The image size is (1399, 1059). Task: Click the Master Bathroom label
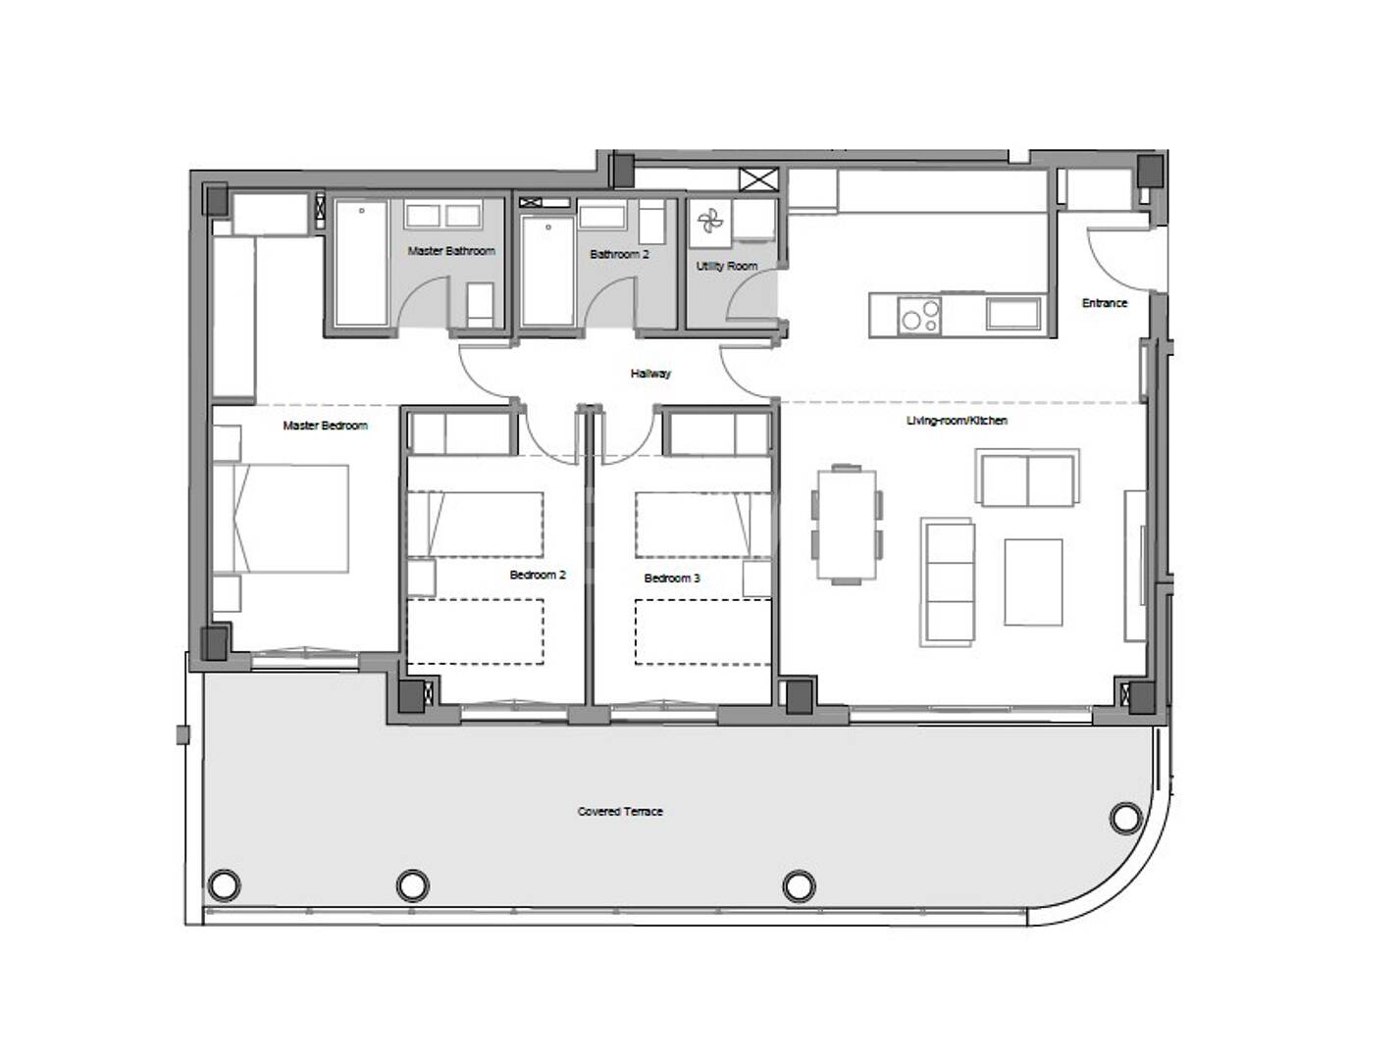[451, 251]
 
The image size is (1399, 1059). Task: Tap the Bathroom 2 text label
[619, 254]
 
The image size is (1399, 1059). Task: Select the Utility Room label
[727, 266]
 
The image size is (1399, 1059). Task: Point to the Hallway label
[650, 374]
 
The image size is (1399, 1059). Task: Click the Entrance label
[1105, 303]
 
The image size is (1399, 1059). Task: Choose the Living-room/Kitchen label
[957, 421]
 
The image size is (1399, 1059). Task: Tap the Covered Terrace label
[620, 812]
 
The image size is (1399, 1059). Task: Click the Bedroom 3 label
[672, 579]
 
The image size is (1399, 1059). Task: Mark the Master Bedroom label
[325, 426]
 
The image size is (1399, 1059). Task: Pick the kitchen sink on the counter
[1012, 314]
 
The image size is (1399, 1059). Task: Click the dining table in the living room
[846, 525]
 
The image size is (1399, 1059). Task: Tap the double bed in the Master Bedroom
[283, 518]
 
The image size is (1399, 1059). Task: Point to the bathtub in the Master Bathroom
[361, 263]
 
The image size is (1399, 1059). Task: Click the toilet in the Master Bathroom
[481, 305]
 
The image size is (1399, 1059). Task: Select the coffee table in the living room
[1033, 581]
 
